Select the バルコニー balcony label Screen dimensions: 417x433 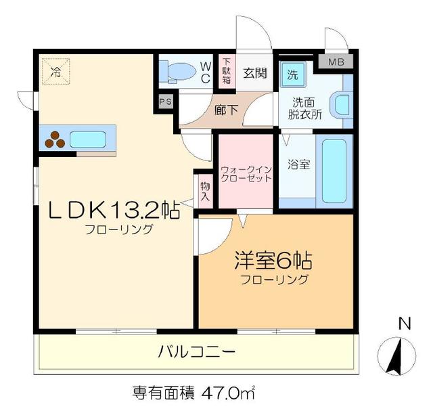pyautogui.click(x=197, y=352)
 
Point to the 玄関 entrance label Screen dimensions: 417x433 pyautogui.click(x=254, y=72)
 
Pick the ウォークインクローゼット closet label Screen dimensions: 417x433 pyautogui.click(x=246, y=173)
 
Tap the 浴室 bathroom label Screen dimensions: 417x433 pyautogui.click(x=298, y=164)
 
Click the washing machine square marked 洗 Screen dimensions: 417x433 pyautogui.click(x=292, y=74)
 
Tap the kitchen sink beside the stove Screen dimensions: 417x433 pyautogui.click(x=87, y=140)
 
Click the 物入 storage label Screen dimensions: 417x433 pyautogui.click(x=206, y=190)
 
